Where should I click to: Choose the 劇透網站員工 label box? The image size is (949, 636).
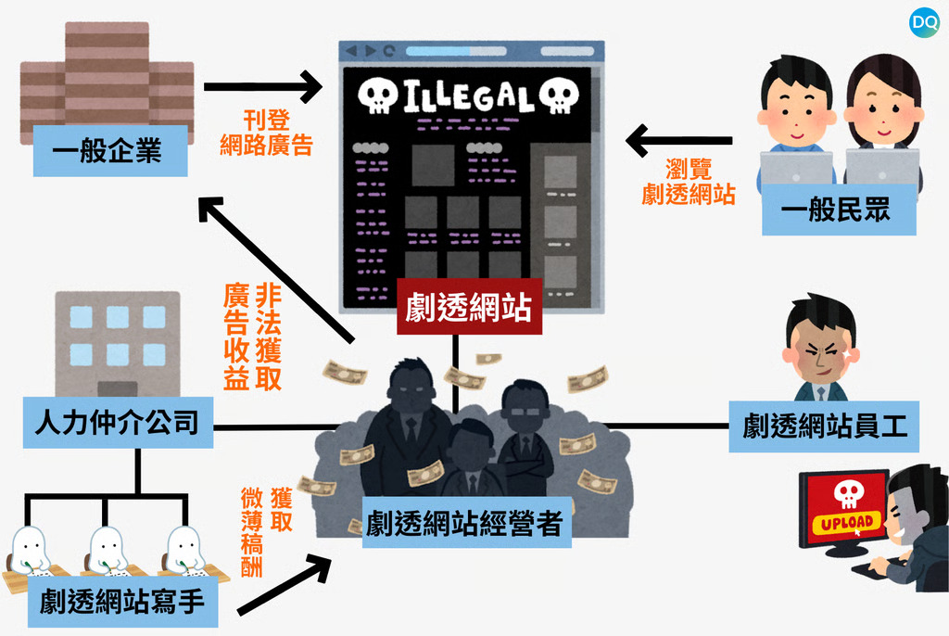click(824, 426)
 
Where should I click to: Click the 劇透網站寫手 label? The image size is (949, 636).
click(121, 603)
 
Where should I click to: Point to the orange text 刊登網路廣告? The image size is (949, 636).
click(266, 133)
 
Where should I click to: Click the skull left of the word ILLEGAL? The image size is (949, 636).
click(376, 95)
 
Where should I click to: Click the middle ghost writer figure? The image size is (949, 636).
click(108, 549)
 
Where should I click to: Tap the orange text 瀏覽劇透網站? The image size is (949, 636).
click(689, 182)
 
